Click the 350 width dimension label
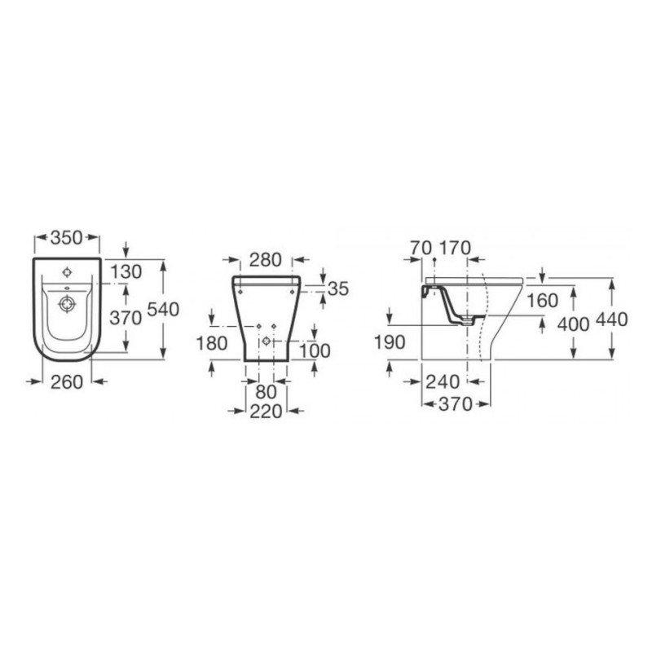point(67,237)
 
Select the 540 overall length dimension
point(164,310)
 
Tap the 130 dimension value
point(126,271)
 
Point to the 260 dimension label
point(67,381)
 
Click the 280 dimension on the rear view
point(266,260)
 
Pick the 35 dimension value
point(338,289)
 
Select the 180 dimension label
point(212,343)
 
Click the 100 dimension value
point(315,351)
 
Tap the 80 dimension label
point(267,392)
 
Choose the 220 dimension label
point(267,412)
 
